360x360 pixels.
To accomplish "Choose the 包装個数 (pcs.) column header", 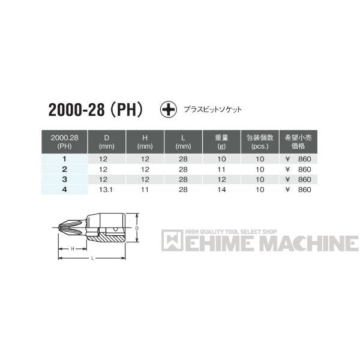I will coord(259,141).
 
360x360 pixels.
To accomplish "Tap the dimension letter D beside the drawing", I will coord(136,228).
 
